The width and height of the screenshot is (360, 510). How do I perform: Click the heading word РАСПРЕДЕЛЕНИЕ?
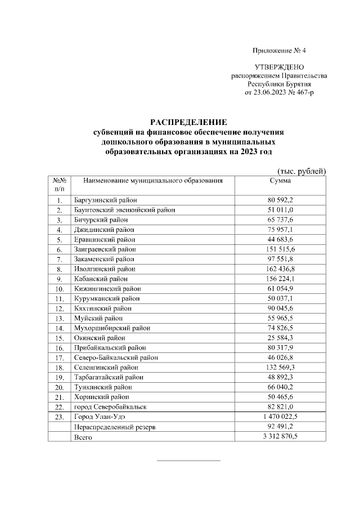pos(188,122)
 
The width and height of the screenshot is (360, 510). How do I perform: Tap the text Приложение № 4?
pos(279,51)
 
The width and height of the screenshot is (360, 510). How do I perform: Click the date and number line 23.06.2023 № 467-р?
pos(280,92)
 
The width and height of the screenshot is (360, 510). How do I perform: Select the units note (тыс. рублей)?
pos(302,171)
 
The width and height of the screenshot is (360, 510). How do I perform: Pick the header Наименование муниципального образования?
pos(153,181)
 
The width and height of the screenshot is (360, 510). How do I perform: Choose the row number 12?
pos(59,308)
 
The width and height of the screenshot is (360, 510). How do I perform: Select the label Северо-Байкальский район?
pos(116,357)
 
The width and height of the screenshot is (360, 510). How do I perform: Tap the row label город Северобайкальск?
pos(111,407)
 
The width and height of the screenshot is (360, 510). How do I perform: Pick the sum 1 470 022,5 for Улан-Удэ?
pos(280,417)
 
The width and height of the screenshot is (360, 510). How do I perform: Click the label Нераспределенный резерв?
pos(114,427)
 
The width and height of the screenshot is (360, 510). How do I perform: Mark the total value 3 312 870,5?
pos(280,436)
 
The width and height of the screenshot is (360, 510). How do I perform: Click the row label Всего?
pos(83,436)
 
